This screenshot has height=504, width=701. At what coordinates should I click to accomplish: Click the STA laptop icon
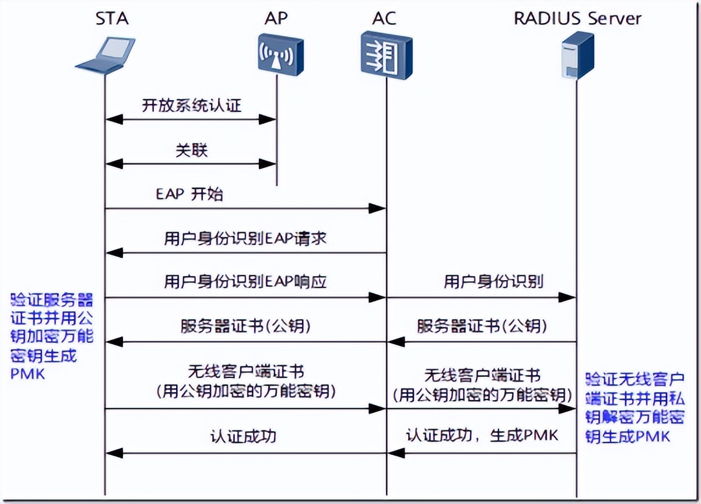[105, 55]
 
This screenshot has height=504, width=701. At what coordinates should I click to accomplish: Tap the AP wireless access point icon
[280, 55]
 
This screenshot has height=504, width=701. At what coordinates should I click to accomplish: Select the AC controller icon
[385, 55]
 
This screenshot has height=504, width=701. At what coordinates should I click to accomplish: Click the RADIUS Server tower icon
[577, 55]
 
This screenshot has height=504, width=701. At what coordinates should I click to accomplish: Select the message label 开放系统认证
[191, 106]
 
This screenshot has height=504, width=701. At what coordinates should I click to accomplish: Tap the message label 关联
[191, 150]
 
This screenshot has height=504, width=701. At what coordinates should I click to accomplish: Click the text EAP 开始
[189, 194]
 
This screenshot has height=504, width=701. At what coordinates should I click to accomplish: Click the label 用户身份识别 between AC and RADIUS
[493, 282]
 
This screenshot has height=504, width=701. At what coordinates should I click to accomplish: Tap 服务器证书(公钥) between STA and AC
[245, 326]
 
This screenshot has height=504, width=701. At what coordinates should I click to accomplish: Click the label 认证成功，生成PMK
[482, 436]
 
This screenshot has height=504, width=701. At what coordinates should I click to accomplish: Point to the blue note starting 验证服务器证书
[52, 337]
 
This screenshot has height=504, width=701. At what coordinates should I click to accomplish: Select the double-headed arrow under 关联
[190, 164]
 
